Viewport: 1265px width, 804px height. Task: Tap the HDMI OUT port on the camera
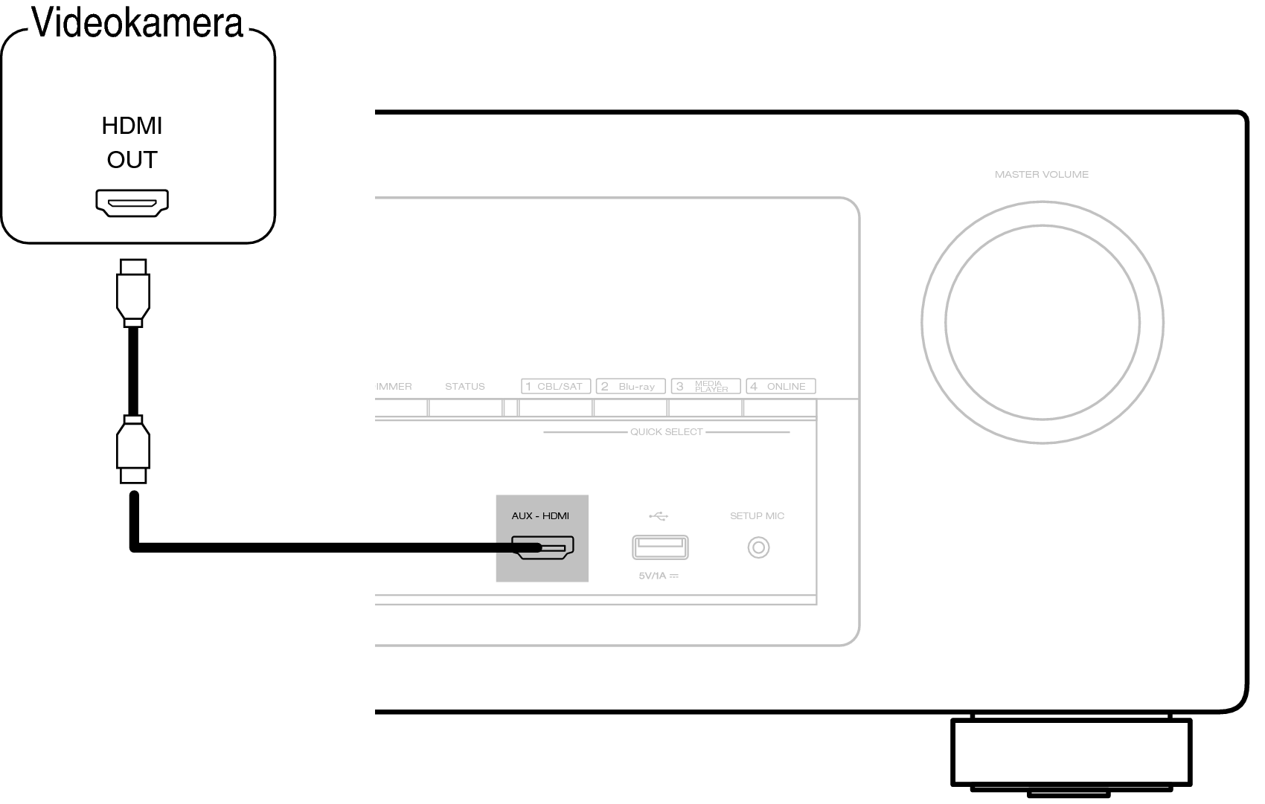pos(132,203)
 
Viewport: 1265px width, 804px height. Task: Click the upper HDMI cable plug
pos(133,293)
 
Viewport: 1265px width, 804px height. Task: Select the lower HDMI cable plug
pos(133,449)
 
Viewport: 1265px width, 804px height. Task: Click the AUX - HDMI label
pos(540,515)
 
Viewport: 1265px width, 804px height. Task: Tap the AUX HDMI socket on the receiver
pos(542,547)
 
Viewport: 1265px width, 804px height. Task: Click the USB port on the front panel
pos(660,547)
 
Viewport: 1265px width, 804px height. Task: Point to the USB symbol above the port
pos(659,516)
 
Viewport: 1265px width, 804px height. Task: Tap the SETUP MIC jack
pos(758,547)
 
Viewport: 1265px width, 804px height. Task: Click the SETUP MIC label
pos(757,515)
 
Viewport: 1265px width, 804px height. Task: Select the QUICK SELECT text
pos(667,432)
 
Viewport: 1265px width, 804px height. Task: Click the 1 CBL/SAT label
pos(556,386)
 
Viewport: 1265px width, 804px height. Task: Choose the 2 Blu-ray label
pos(631,386)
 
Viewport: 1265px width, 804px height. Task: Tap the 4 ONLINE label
pos(781,386)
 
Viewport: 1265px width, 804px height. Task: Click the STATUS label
pos(465,386)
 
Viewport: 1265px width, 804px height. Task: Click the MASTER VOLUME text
pos(1041,175)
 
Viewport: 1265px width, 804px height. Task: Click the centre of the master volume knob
pos(1043,322)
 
